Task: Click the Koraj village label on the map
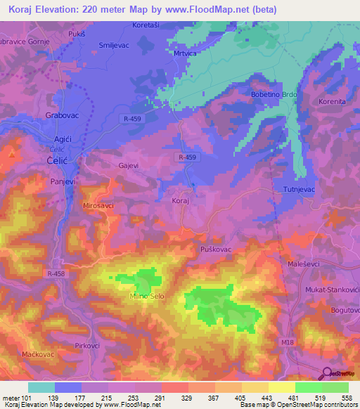(x=181, y=200)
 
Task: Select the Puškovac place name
(x=216, y=249)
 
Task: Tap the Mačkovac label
(x=37, y=353)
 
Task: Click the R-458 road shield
(x=57, y=273)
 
